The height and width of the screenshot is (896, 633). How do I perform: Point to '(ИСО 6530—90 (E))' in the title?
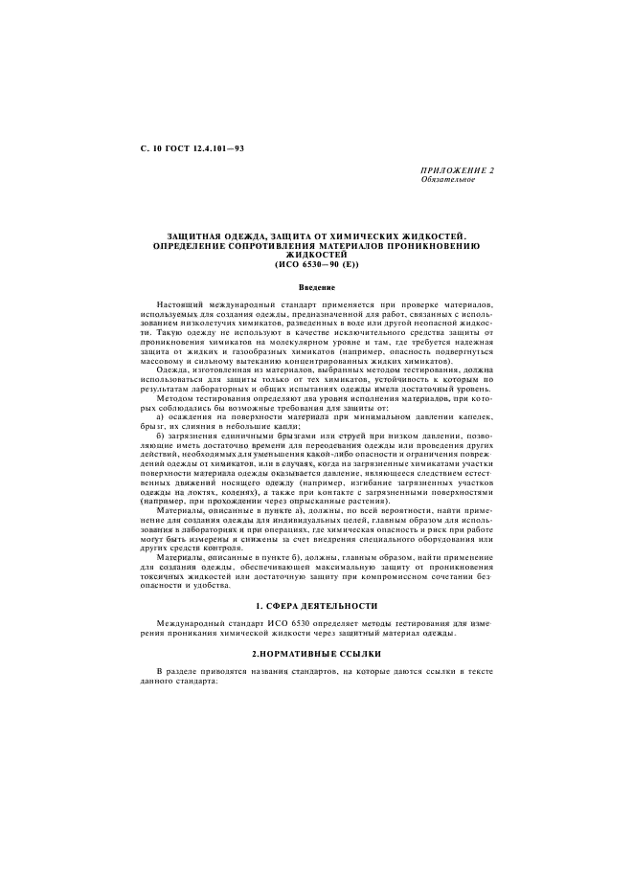pyautogui.click(x=315, y=262)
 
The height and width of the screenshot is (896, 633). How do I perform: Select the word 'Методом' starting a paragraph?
pyautogui.click(x=175, y=396)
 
